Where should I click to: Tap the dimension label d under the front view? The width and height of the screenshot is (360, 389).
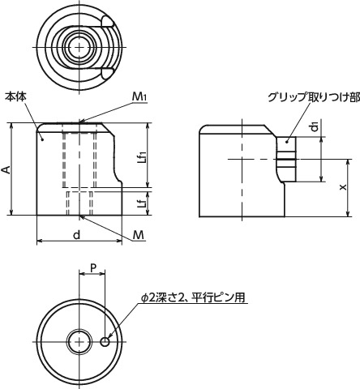click(x=76, y=234)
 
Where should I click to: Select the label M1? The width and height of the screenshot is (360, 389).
click(x=139, y=97)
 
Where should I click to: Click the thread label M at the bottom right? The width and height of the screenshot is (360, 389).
click(x=139, y=235)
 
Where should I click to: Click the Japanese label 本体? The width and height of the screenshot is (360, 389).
click(x=15, y=96)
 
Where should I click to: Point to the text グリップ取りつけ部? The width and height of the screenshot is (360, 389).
click(x=312, y=97)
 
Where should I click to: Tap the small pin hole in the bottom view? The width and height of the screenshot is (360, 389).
click(x=105, y=342)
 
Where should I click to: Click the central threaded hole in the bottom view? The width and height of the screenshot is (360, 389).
click(x=79, y=342)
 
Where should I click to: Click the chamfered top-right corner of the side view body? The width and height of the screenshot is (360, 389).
click(x=267, y=130)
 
